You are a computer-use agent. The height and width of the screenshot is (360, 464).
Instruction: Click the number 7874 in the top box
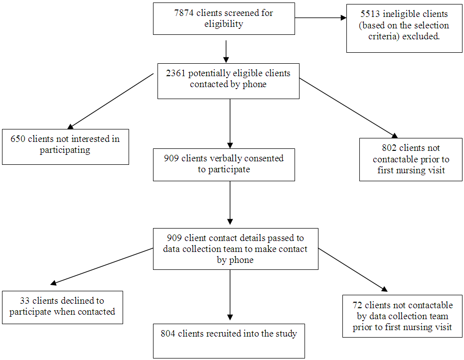(184, 13)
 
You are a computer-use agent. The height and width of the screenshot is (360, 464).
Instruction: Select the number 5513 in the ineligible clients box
(370, 14)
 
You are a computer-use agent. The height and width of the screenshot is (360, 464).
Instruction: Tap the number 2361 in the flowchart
(175, 73)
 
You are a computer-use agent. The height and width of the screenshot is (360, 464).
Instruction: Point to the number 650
(18, 139)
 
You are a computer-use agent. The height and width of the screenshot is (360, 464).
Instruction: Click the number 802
(389, 148)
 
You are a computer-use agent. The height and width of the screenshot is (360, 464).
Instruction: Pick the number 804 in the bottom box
(168, 334)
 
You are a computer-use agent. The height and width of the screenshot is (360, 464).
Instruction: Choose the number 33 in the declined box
(24, 301)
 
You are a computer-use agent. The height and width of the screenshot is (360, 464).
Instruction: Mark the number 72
(357, 305)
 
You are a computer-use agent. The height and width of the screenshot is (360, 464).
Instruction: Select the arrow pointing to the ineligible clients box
(321, 18)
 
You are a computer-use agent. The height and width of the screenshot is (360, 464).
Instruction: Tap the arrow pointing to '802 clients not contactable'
(348, 108)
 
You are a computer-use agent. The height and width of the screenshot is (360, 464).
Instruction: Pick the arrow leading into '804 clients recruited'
(230, 295)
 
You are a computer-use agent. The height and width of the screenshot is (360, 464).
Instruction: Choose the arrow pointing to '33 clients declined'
(102, 266)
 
